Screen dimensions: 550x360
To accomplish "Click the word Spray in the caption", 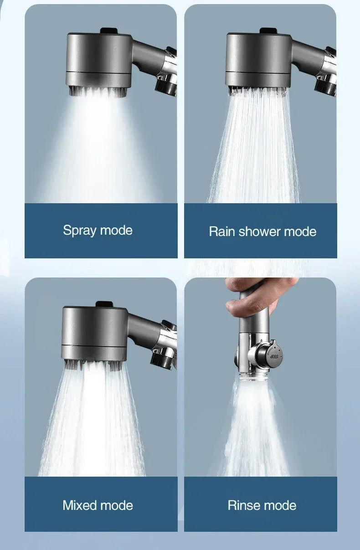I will (x=80, y=230).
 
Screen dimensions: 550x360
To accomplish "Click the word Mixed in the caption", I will (x=80, y=505).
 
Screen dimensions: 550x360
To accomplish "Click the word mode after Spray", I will (x=116, y=230).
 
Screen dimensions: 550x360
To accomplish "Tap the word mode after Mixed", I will (x=116, y=505).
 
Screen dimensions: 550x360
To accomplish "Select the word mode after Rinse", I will (x=280, y=505).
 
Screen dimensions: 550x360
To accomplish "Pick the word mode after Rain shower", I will (x=300, y=231).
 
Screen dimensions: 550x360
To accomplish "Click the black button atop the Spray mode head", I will (x=108, y=31).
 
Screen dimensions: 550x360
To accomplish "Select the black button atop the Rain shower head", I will (x=267, y=31).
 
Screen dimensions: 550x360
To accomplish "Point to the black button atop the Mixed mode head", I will (x=103, y=303).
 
